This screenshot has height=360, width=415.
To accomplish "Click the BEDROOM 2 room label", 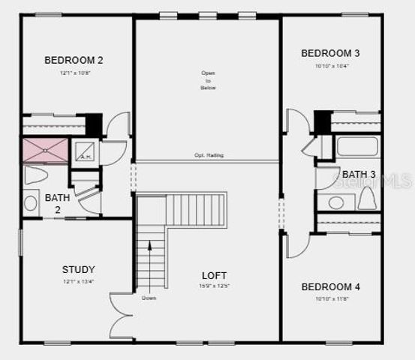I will point(74,60).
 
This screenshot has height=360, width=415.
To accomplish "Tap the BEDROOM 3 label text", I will point(330,53).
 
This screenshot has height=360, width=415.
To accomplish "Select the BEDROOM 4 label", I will point(330,287).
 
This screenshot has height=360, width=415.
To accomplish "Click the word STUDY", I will point(78,269).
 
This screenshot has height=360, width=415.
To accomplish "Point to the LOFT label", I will point(215,275).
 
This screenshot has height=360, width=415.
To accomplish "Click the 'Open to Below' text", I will point(208,80).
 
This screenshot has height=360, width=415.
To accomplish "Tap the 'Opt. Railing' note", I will point(209,155).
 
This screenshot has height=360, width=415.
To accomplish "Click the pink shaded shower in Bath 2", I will point(45,151).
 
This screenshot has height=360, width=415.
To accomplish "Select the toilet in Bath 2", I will point(35,175).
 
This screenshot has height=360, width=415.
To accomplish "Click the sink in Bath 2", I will point(31,202).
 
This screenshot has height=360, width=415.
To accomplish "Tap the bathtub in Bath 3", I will point(357,146).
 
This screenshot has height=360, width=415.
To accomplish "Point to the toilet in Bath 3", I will point(366,199).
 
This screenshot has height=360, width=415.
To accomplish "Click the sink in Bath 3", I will point(336,202).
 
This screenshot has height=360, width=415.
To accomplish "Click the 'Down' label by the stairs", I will point(149,298).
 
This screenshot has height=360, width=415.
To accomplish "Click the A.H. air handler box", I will point(85,152).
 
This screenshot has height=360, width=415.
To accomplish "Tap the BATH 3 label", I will point(359,175).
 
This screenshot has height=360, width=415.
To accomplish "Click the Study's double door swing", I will point(120,315).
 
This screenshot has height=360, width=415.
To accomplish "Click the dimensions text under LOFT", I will point(215,286).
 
